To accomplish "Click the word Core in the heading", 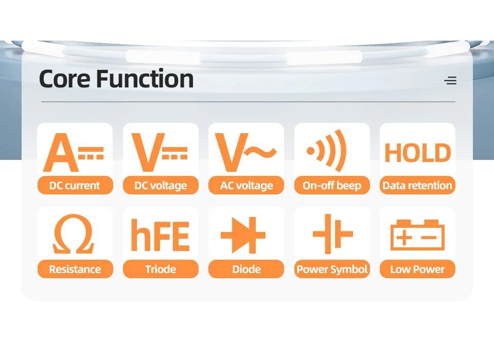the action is click(65, 78).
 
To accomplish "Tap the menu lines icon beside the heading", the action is click(450, 81).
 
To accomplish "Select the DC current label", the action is click(75, 185).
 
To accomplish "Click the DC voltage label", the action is click(161, 185).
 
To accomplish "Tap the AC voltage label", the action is click(246, 185).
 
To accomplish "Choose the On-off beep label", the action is click(332, 185).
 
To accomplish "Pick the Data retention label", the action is click(417, 185).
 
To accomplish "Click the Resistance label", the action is click(75, 269).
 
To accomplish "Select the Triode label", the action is click(161, 269).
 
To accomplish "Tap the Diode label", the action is click(246, 269).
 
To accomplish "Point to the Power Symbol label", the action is click(332, 269).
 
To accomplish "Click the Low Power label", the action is click(417, 269).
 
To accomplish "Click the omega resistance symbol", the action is click(74, 233).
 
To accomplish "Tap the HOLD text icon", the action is click(417, 153).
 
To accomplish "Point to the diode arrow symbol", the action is click(243, 235).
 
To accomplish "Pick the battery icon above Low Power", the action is click(417, 235).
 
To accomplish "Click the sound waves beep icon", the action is click(327, 151).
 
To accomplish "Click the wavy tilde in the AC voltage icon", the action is click(260, 152).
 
